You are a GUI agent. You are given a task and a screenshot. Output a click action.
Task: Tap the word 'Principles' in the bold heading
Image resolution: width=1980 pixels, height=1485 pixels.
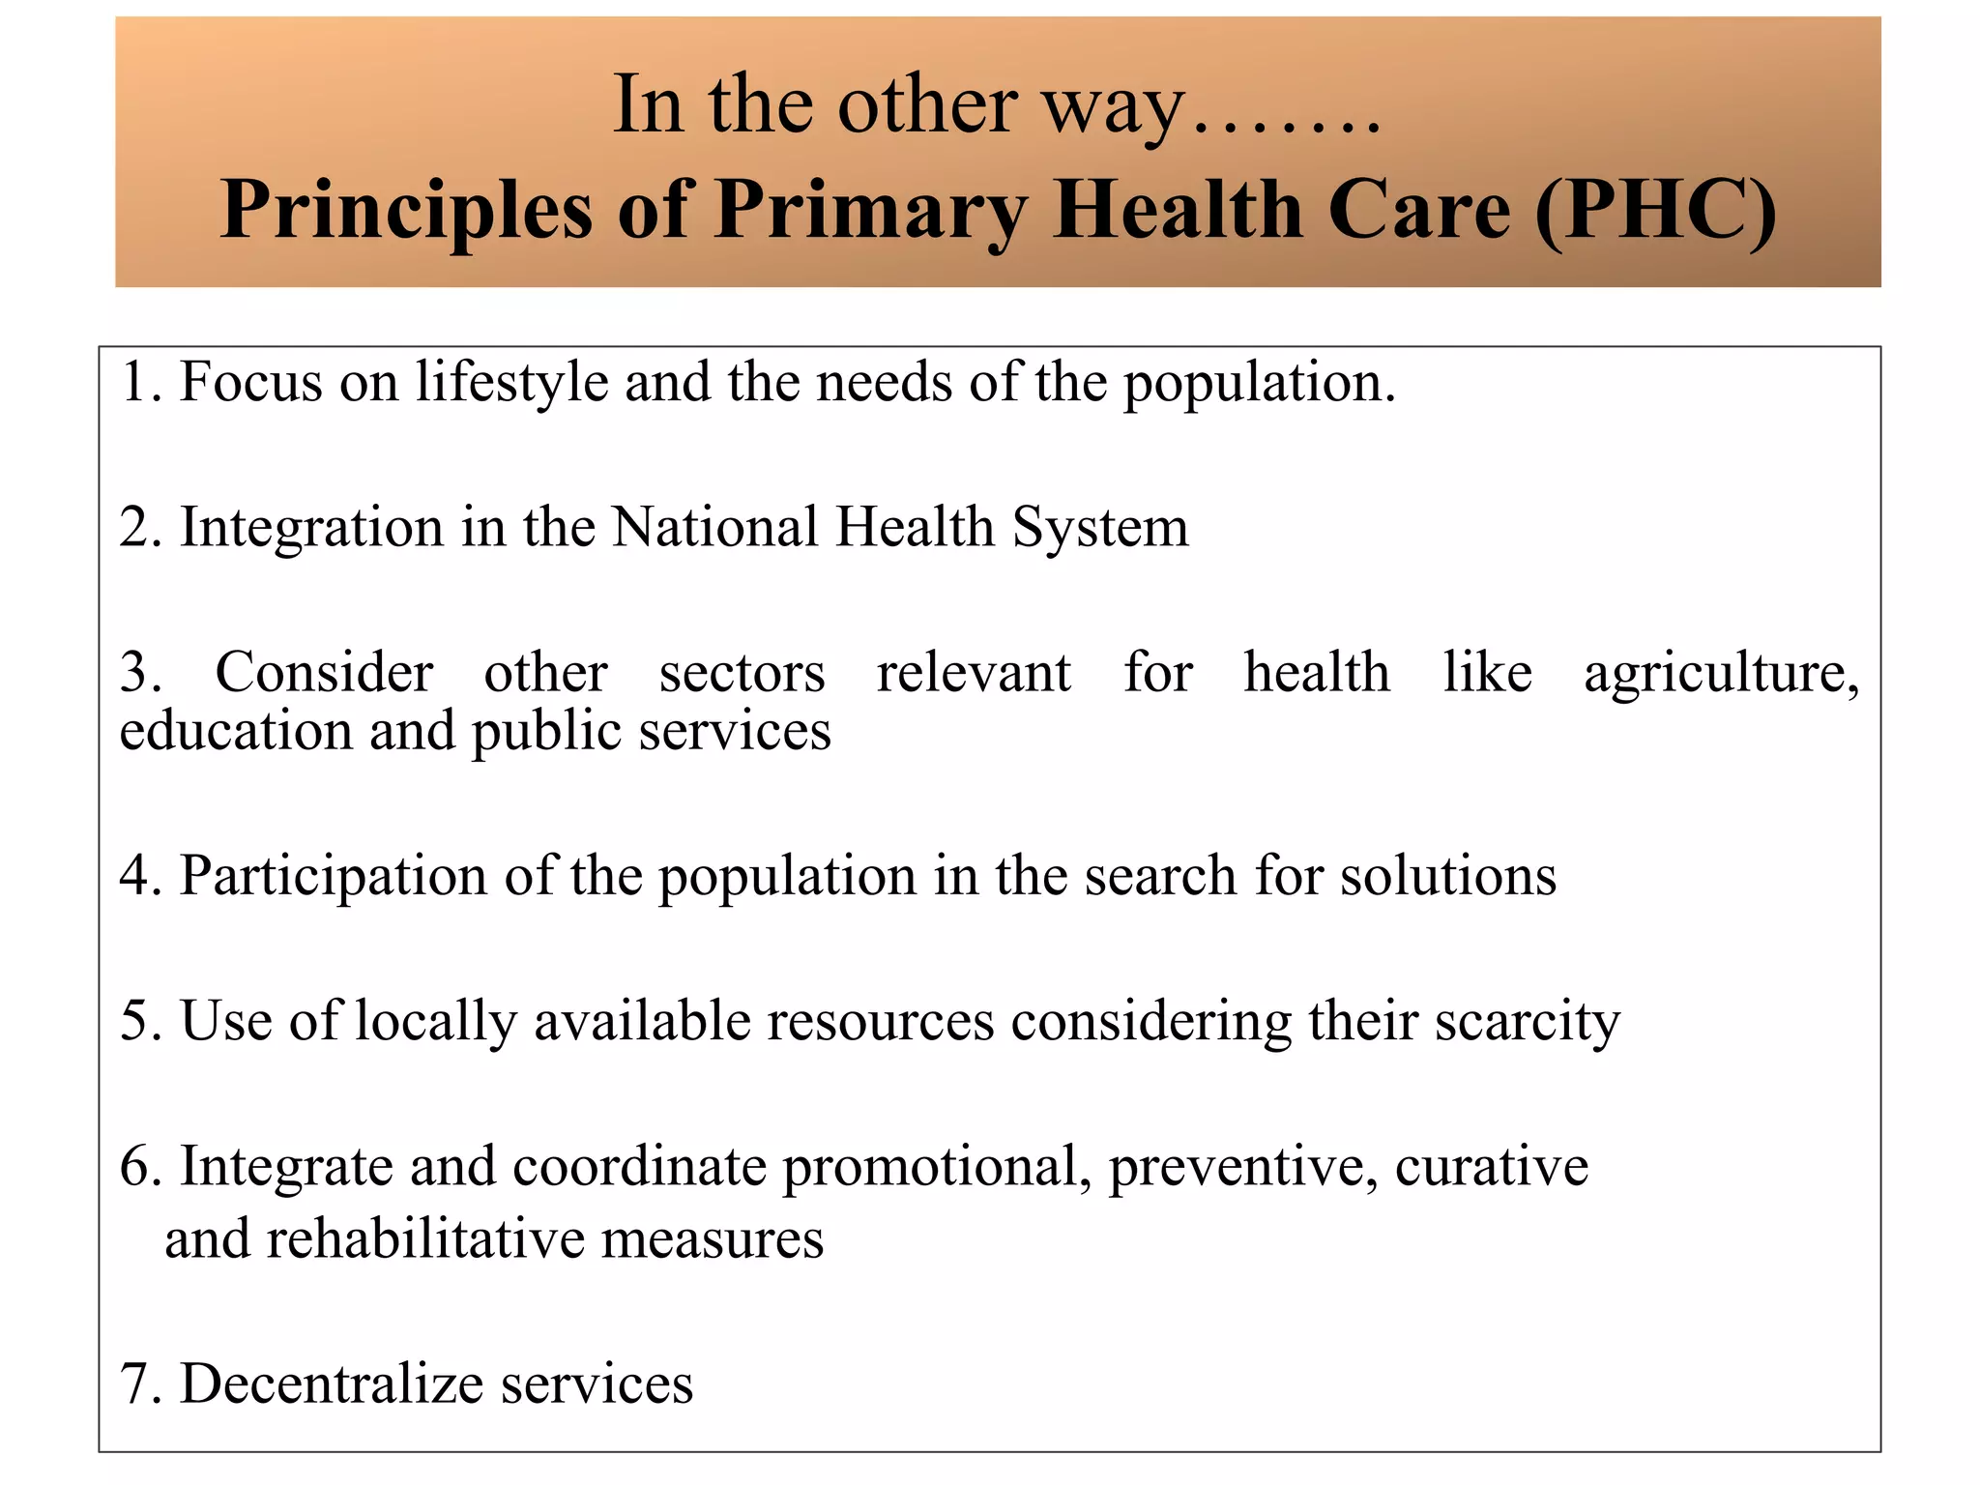click(x=406, y=212)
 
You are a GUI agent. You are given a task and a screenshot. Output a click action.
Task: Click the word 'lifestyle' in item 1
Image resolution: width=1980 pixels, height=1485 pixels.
click(x=511, y=383)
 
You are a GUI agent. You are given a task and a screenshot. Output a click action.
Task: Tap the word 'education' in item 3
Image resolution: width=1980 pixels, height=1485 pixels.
click(x=236, y=732)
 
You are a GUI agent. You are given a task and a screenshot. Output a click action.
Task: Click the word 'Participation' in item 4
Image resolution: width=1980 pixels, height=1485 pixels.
click(x=333, y=877)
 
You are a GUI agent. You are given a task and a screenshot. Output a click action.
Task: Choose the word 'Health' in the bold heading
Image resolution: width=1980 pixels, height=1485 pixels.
click(x=1179, y=210)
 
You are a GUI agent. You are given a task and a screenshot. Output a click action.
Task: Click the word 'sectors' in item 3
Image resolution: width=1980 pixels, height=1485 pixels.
click(x=742, y=674)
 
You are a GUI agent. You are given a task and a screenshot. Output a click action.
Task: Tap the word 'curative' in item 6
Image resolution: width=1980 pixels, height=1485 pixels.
click(x=1491, y=1167)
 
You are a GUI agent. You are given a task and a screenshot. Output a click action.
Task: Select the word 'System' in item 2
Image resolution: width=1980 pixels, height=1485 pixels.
click(x=1100, y=528)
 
